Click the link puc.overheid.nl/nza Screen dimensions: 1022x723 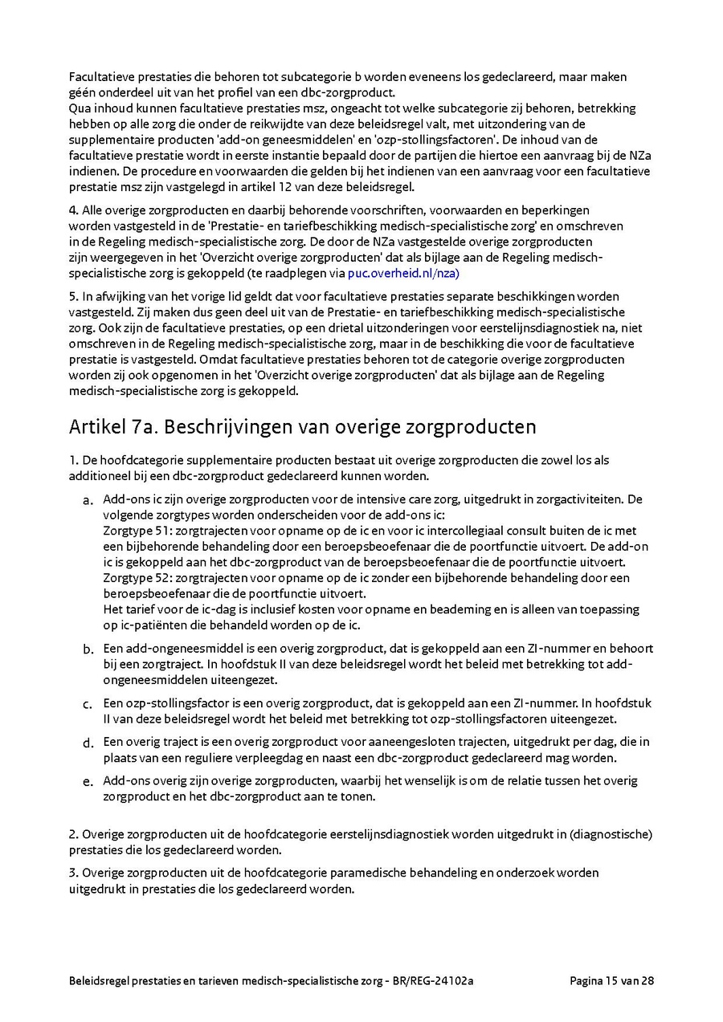click(403, 273)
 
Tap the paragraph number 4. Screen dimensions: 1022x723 click(72, 210)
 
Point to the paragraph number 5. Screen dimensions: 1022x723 click(72, 297)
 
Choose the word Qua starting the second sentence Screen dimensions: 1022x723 click(80, 108)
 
